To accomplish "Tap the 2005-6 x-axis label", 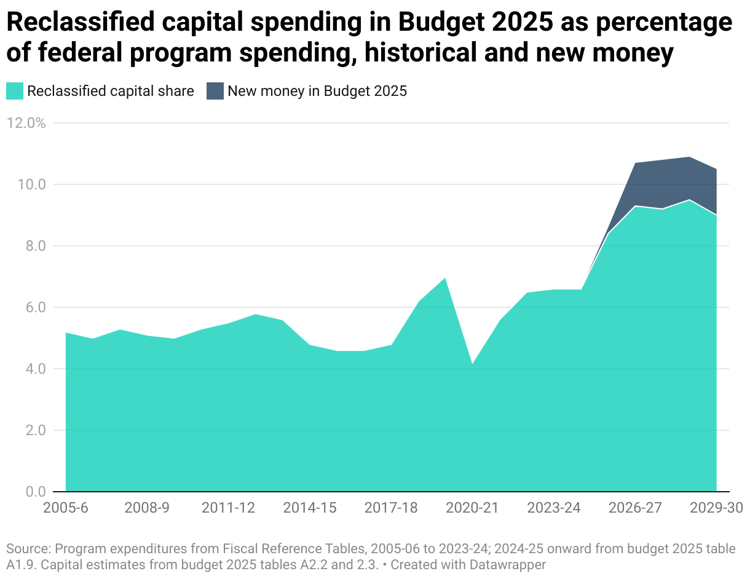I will point(65,508).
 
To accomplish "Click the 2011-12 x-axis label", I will point(228,508).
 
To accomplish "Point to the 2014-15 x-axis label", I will point(309,508).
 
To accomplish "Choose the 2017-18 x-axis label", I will point(391,508).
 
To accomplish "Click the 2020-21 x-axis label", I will point(472,508).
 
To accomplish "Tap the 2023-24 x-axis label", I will point(554,508).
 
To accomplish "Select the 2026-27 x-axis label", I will point(635,508).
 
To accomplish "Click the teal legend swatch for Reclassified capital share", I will point(15,92).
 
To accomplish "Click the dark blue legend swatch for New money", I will point(215,92).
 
